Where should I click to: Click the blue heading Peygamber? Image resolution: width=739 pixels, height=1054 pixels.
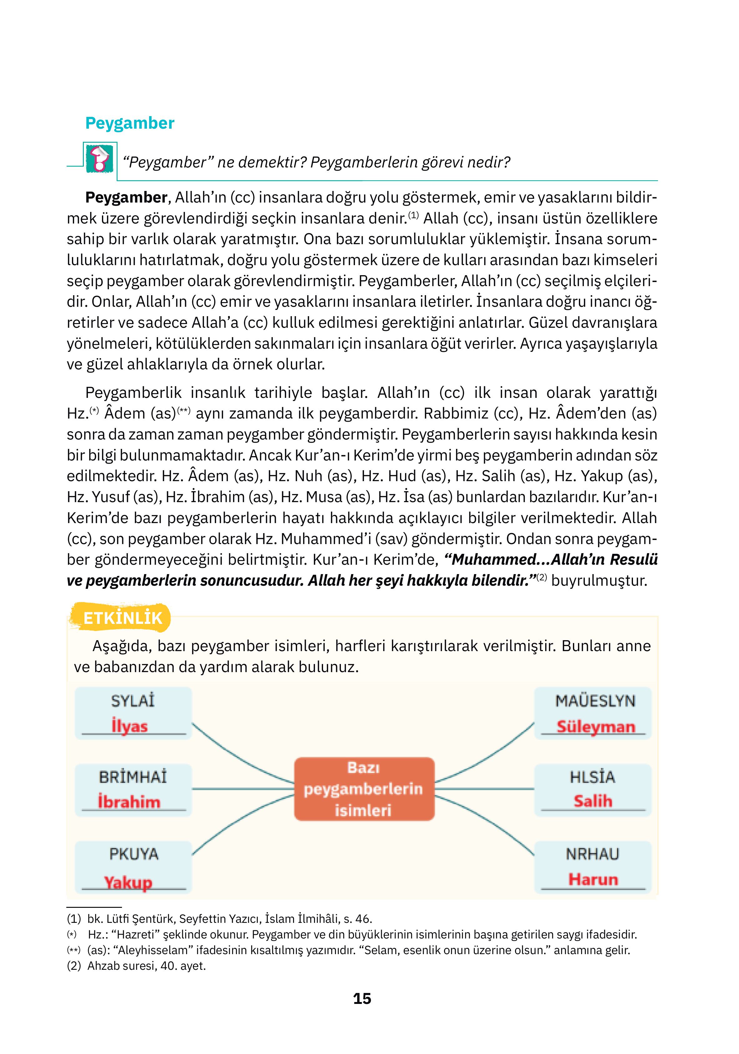pyautogui.click(x=129, y=123)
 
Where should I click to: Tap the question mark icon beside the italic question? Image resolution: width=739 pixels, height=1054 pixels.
pyautogui.click(x=99, y=159)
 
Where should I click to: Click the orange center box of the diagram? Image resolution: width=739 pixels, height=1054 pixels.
pyautogui.click(x=363, y=789)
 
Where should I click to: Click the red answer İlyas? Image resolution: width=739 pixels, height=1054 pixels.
pyautogui.click(x=130, y=726)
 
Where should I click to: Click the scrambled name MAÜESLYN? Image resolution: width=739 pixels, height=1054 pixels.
pyautogui.click(x=595, y=701)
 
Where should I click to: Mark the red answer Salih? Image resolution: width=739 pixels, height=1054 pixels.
pyautogui.click(x=593, y=801)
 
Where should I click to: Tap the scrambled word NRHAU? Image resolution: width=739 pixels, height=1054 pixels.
pyautogui.click(x=592, y=854)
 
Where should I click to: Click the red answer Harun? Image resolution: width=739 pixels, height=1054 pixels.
pyautogui.click(x=593, y=879)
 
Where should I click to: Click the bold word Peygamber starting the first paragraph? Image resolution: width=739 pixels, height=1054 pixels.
pyautogui.click(x=126, y=198)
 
